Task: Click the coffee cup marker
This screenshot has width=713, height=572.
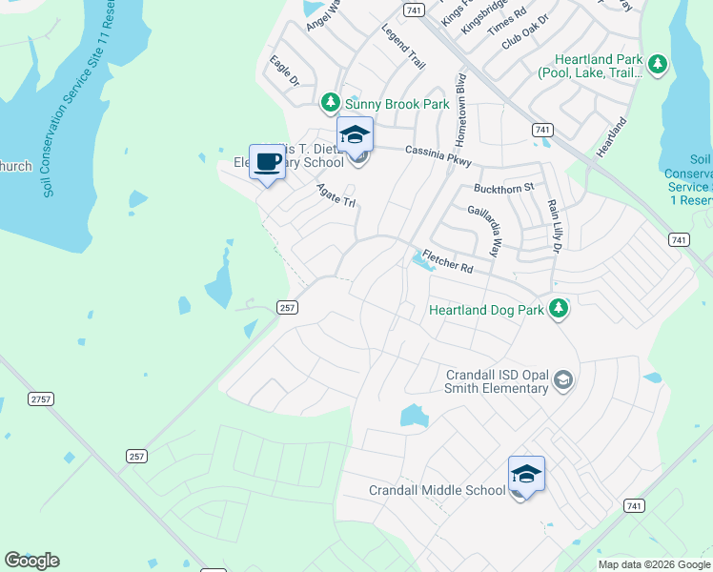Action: (267, 162)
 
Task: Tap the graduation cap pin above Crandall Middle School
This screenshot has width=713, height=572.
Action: (526, 474)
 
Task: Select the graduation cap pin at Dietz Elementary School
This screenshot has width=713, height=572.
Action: (355, 134)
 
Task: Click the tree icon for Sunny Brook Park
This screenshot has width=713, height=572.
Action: (330, 101)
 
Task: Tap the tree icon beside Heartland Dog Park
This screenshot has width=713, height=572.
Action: (559, 309)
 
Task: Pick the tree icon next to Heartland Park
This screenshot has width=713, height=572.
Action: (657, 65)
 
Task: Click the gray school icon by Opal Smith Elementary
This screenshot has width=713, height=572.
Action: (562, 381)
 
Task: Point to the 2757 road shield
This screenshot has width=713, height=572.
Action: (40, 398)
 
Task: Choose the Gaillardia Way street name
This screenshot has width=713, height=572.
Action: (483, 230)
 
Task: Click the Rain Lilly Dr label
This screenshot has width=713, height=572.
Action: (553, 227)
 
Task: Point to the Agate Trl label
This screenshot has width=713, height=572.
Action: (336, 195)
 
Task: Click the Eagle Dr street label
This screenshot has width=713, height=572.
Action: (284, 71)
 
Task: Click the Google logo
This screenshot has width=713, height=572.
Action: (31, 561)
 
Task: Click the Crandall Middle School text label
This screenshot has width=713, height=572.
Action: (437, 490)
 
